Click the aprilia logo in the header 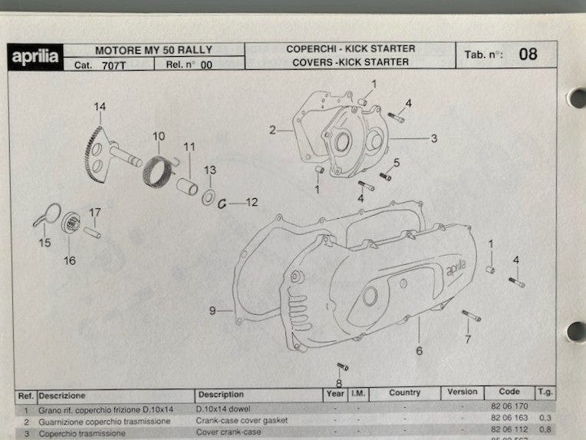tap(34, 57)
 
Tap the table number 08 tap(527, 55)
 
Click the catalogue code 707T tap(113, 65)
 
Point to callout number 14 tap(100, 106)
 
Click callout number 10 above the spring tap(158, 137)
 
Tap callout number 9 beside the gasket tap(212, 310)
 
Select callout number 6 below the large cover tap(419, 351)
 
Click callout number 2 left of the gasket tap(272, 130)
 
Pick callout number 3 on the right tap(433, 139)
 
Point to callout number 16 tap(70, 260)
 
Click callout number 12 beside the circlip tap(252, 203)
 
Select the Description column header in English tap(221, 394)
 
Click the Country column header tap(404, 393)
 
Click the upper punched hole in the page tap(577, 98)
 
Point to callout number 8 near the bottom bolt tap(338, 383)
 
